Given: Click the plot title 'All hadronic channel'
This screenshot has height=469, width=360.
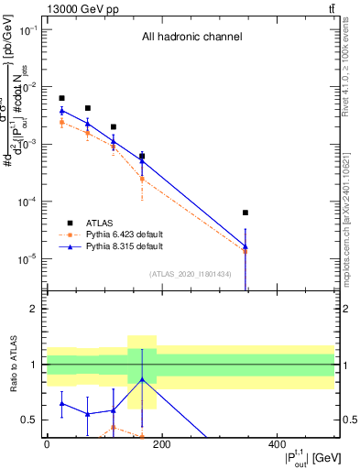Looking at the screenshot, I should pyautogui.click(x=191, y=38).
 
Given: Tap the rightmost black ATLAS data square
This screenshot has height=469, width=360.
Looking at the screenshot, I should pyautogui.click(x=245, y=213).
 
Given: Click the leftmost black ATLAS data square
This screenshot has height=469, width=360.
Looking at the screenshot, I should pyautogui.click(x=61, y=98).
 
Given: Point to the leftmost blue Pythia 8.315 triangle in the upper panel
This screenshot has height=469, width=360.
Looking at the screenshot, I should pyautogui.click(x=61, y=111).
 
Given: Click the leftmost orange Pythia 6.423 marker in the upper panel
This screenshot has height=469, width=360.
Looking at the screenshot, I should pyautogui.click(x=61, y=122).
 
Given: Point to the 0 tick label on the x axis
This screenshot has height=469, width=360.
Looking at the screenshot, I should pyautogui.click(x=47, y=443).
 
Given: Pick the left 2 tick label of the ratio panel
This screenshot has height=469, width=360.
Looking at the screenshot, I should pyautogui.click(x=33, y=309).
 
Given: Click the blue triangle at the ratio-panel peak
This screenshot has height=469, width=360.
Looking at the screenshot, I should pyautogui.click(x=142, y=379).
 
